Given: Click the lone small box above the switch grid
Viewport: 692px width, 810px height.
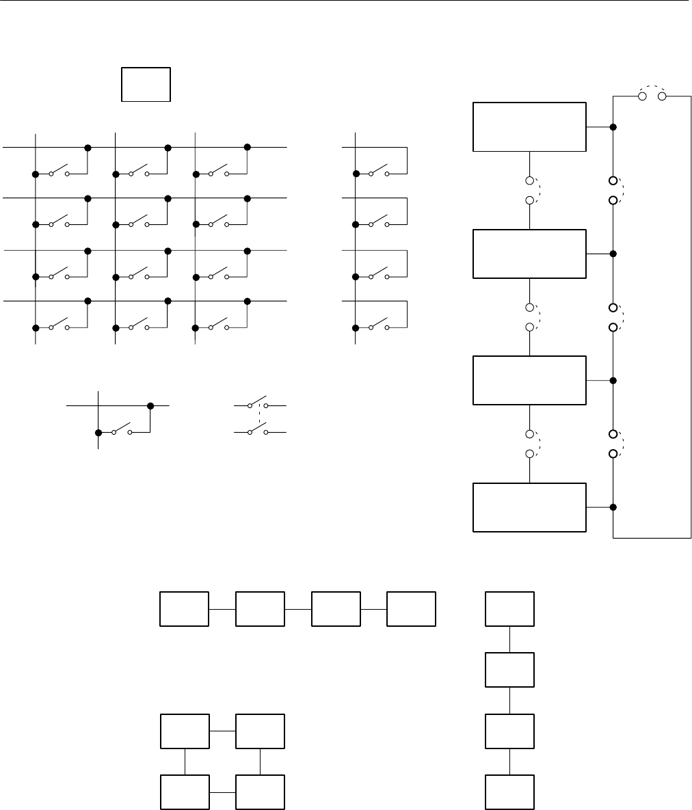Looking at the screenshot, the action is [x=146, y=85].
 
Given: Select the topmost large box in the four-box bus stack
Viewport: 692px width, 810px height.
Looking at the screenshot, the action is [x=529, y=127].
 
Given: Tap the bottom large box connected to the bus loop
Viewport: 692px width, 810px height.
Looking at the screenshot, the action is [x=529, y=507].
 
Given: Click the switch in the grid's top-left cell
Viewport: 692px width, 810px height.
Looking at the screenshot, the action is [x=59, y=171].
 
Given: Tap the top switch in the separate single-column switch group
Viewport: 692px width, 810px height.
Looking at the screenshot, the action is [x=379, y=171].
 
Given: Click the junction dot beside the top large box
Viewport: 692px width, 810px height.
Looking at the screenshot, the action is [x=613, y=127].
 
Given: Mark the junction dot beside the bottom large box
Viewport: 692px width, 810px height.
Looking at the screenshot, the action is [x=613, y=507].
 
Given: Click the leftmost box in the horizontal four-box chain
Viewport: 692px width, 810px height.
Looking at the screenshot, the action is [x=185, y=608].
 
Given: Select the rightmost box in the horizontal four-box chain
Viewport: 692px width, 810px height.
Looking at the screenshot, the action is [x=412, y=608].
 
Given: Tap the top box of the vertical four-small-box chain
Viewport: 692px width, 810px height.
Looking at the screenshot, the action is [x=510, y=608].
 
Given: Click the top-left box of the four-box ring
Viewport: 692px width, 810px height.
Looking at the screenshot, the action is [x=185, y=731].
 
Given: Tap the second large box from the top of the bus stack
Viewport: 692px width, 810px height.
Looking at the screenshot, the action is [x=529, y=254].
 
